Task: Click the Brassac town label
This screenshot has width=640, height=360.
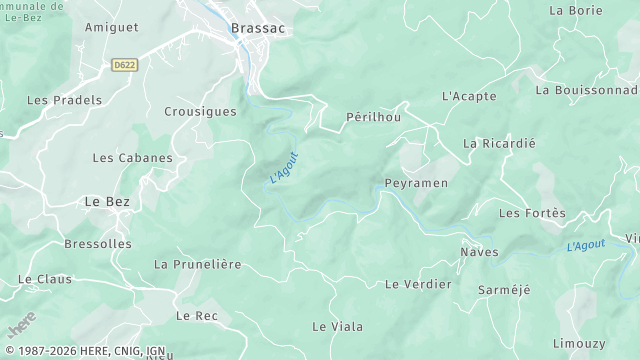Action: point(257,29)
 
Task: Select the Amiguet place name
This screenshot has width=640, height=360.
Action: point(111,28)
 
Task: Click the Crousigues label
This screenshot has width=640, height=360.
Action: point(200,112)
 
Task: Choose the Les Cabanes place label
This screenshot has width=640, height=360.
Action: point(132,158)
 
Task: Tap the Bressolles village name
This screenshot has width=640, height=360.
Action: point(97,243)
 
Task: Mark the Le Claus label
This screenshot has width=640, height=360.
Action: point(45,279)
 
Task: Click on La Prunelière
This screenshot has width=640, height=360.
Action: point(197,264)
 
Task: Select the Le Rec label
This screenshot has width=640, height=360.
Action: point(196,315)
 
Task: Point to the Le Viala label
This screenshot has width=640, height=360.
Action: point(337,326)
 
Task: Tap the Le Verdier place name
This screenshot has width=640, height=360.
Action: point(418,284)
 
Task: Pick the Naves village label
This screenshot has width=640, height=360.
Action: point(479,251)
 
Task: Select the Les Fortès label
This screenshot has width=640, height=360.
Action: point(531,213)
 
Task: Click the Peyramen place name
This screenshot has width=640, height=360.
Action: point(416,184)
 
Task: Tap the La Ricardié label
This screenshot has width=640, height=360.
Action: point(499,143)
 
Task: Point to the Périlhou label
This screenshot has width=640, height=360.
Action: point(372,117)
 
